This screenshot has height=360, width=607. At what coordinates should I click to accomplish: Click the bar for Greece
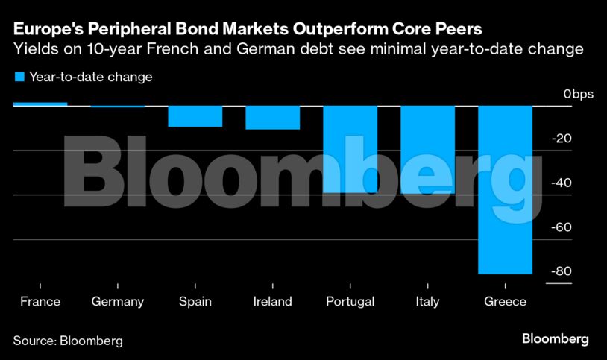point(505,189)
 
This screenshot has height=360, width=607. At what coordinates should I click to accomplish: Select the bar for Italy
point(427,149)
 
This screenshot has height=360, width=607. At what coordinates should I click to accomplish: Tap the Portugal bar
point(350,149)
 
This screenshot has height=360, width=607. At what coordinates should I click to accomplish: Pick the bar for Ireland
point(272,118)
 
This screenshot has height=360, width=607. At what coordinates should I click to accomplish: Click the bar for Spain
point(195,116)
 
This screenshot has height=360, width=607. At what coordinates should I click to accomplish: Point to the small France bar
point(40,104)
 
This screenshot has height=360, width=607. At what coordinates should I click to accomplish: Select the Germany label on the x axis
point(117,302)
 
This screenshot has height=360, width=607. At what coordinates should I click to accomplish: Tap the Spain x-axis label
point(195,302)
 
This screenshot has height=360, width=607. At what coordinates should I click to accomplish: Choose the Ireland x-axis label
point(272,302)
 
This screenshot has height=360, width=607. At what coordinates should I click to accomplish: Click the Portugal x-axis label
point(350,302)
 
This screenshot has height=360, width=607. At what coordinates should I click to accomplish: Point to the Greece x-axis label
point(505,302)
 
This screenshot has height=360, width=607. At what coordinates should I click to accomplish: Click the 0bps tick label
point(578,95)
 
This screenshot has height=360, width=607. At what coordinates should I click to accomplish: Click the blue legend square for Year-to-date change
point(19,77)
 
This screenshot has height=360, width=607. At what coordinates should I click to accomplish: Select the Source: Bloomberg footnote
point(68,341)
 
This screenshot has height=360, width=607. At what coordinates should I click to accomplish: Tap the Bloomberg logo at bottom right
point(555,339)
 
